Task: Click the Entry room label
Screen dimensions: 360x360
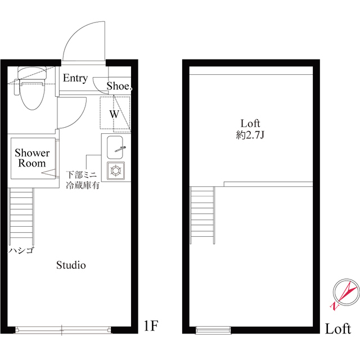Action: coord(75,78)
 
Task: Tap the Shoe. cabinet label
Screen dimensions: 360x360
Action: coord(119,86)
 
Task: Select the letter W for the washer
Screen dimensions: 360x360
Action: coord(114,114)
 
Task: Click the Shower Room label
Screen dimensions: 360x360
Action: coord(32,158)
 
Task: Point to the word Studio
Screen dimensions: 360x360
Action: coord(71,264)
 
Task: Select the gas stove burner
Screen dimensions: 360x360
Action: coord(116,170)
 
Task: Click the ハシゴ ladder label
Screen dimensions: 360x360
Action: coord(21,250)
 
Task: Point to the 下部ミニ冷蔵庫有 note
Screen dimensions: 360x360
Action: coord(83,179)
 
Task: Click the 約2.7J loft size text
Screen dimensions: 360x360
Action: coord(250,134)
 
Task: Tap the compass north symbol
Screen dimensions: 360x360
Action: coord(343,292)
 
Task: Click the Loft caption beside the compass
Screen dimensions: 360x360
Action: coord(339,328)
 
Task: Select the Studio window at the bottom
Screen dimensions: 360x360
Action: coord(62,330)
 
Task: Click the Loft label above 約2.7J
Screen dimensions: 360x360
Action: coord(250,123)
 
